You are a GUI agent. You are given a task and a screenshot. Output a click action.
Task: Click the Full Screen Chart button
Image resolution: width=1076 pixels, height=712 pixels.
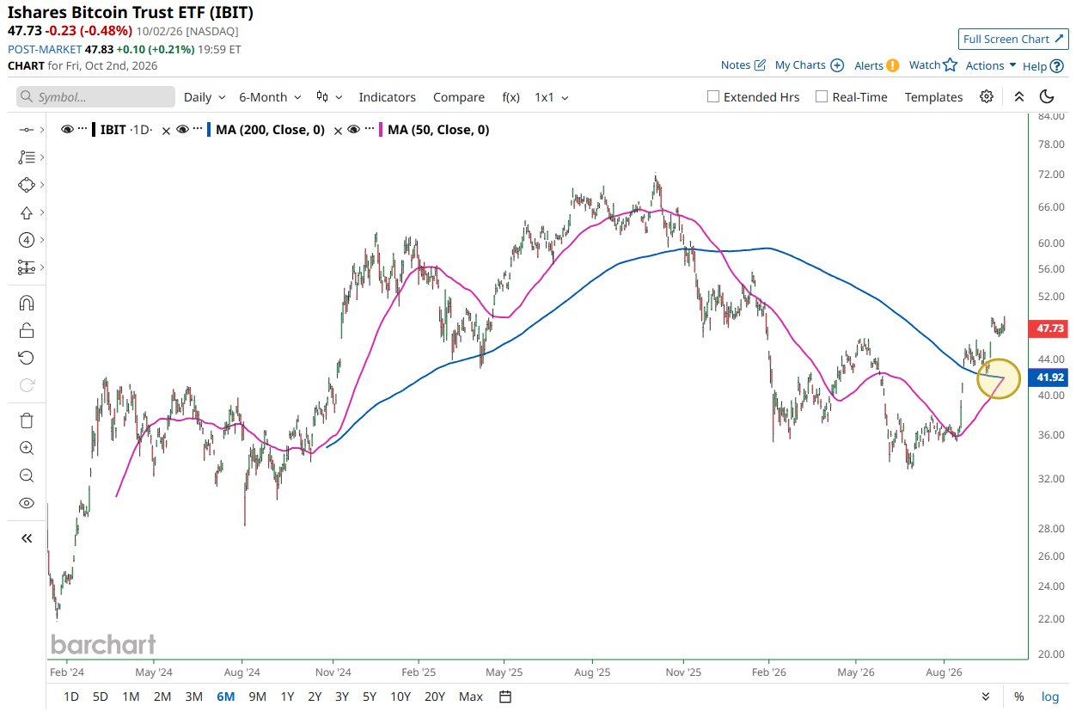click(1012, 39)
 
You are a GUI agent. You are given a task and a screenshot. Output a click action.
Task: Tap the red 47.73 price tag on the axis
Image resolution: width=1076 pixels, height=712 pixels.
click(1049, 328)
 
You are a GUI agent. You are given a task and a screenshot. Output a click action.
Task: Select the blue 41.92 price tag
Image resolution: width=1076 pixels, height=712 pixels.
click(1049, 377)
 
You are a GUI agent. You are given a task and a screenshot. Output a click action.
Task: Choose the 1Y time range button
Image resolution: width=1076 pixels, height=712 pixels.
click(287, 697)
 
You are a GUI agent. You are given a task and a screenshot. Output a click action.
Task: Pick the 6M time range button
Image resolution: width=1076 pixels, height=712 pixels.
click(225, 697)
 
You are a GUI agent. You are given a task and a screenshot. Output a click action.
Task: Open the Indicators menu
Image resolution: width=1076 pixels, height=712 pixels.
click(387, 97)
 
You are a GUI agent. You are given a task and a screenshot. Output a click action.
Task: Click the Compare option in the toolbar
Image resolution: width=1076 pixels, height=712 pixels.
click(459, 97)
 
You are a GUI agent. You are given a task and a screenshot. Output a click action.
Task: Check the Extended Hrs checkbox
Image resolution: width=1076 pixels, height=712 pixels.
click(713, 96)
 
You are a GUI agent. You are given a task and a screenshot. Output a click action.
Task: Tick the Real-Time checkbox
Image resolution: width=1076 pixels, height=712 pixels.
click(822, 96)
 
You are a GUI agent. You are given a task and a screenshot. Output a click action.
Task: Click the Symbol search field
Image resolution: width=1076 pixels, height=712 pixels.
click(95, 96)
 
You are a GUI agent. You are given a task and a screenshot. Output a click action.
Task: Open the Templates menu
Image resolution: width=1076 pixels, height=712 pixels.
click(933, 97)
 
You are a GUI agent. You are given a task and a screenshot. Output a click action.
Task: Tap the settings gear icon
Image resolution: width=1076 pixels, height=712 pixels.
click(986, 96)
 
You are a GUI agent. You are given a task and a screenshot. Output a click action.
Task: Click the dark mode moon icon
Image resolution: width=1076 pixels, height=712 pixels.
click(1047, 96)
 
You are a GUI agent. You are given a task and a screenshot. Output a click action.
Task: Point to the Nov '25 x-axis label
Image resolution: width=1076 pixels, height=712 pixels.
click(683, 672)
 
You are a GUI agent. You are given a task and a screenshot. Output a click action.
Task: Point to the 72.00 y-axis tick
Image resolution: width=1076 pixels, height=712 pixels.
click(1051, 174)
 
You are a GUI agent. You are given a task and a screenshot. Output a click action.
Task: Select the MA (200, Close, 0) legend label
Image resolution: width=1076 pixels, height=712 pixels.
click(270, 130)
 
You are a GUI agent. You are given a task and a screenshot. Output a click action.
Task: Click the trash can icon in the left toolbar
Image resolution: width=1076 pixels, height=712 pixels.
click(27, 420)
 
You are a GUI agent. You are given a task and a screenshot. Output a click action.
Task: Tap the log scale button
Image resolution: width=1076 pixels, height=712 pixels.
click(1049, 697)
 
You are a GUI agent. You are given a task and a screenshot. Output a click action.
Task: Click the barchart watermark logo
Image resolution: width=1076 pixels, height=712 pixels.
click(103, 644)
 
